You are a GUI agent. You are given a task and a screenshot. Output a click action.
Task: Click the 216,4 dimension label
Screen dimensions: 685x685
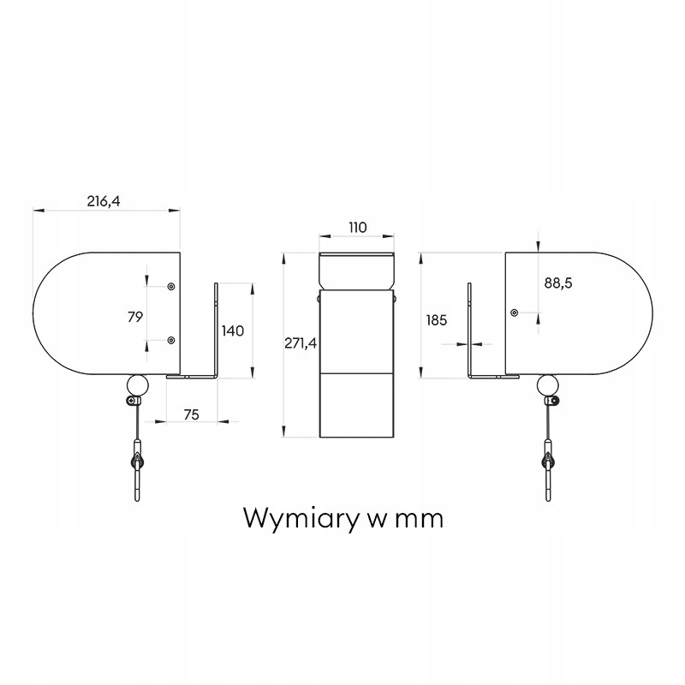104,201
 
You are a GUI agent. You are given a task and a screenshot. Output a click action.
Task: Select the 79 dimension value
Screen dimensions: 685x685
134,317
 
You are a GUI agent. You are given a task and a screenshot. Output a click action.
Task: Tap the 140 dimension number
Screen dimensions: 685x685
233,331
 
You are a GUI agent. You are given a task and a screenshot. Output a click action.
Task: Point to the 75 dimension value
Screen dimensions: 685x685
191,414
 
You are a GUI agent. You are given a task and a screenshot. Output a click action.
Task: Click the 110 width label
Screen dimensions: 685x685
357,227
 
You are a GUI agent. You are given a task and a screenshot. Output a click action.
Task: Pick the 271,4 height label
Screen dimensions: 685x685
301,342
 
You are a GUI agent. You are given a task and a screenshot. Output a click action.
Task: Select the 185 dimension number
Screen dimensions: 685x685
436,320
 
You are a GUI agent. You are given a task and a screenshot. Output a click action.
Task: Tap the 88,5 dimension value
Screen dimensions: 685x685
557,283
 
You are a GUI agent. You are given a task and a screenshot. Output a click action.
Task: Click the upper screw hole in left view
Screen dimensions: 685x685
171,286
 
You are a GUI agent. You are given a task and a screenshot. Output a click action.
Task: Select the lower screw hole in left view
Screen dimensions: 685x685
171,341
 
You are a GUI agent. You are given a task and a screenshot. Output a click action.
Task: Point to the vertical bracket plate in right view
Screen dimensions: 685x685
470,330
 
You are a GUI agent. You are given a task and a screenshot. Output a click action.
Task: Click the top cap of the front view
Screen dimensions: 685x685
357,271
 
